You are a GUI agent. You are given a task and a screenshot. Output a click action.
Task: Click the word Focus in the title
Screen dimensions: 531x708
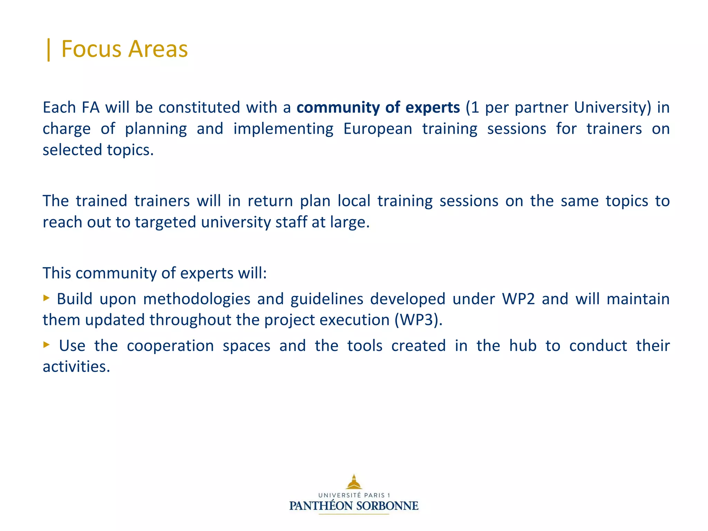(91, 49)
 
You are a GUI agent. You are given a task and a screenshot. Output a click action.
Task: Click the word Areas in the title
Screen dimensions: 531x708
(158, 49)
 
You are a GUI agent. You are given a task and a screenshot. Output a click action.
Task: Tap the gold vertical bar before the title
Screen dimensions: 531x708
(49, 49)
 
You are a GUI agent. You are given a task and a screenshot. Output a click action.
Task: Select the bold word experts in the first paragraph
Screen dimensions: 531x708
(432, 108)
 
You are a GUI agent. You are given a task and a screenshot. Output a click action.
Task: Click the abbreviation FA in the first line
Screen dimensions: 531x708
(91, 108)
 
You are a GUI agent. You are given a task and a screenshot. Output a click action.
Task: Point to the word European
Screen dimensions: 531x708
(378, 129)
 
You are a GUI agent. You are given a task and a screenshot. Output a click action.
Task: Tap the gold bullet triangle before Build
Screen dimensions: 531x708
(46, 298)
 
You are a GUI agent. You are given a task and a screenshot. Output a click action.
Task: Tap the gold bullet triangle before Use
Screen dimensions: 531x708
(46, 344)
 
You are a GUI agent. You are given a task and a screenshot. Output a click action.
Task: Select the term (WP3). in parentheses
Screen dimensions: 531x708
(418, 320)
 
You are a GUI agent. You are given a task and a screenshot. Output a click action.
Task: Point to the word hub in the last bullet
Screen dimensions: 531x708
(523, 346)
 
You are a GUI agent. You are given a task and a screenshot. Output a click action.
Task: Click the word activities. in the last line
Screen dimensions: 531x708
(76, 367)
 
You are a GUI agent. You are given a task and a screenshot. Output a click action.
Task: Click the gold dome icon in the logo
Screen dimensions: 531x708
(354, 482)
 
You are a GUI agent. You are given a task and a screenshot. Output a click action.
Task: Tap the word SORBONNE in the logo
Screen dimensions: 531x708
(387, 506)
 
